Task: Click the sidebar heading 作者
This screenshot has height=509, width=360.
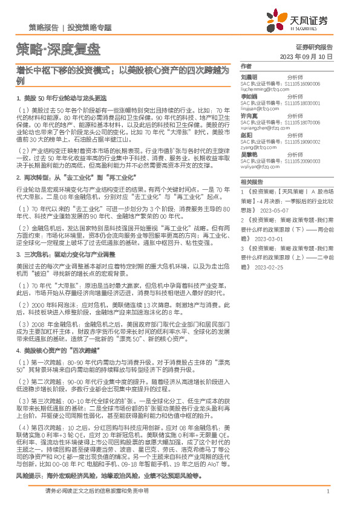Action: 246,65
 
